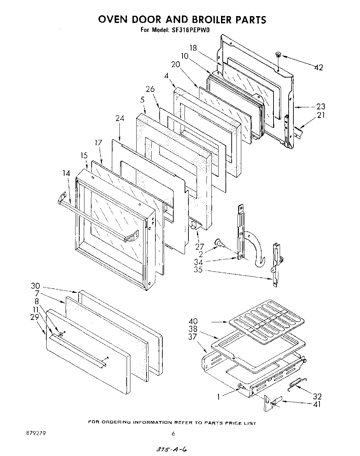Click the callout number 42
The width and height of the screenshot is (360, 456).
[318, 68]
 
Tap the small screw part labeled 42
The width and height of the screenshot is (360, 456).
[278, 55]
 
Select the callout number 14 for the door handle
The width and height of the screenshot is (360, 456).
[66, 174]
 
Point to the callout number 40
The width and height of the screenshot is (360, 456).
[193, 322]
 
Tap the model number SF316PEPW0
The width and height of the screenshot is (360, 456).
[190, 29]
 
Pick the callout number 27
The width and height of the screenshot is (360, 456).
[199, 247]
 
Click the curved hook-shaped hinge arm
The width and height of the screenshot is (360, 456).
[256, 249]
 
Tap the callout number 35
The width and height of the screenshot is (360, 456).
[198, 270]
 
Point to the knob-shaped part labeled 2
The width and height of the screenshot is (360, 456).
[219, 243]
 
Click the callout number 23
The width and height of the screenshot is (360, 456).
[321, 107]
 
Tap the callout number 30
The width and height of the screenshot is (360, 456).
[35, 286]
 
